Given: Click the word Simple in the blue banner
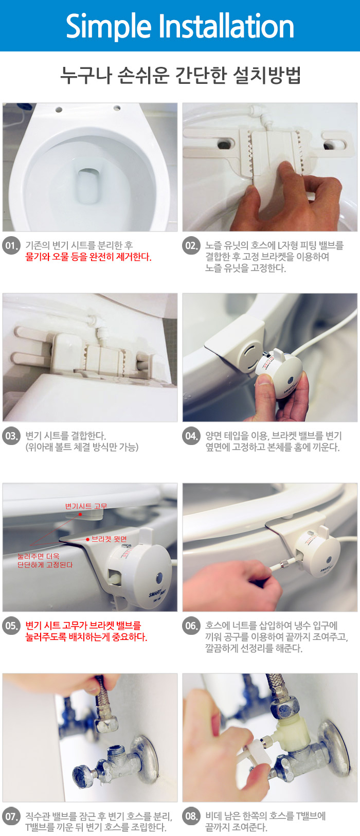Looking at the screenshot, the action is coord(109,26).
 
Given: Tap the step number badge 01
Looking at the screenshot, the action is coord(11,245).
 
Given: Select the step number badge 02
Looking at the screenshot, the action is coord(191,245).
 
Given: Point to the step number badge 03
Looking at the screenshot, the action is coord(11,436).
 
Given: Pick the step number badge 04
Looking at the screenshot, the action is coord(191,436).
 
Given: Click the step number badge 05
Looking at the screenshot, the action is coord(11,626).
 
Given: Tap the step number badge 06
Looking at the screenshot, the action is coord(191,626).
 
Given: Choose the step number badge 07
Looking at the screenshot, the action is coord(11,816).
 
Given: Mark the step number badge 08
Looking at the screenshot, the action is coord(191,816).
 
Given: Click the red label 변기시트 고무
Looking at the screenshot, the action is coord(86,506).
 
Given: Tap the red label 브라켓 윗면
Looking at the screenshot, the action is coord(110,539).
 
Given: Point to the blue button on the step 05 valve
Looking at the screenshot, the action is coord(159,577).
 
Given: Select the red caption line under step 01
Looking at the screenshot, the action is coord(88,257).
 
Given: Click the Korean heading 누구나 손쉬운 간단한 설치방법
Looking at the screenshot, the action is coord(181,75).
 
